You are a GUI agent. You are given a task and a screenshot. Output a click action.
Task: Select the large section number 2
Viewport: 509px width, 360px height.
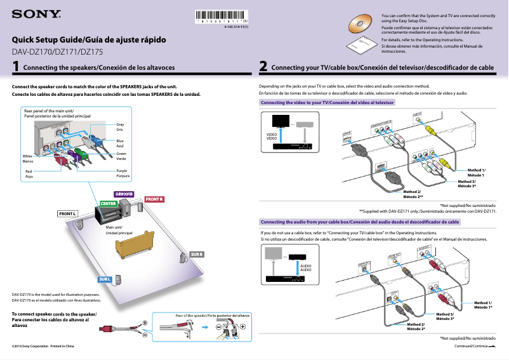[263, 65]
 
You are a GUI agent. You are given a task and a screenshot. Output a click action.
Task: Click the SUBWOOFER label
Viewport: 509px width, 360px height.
[124, 193]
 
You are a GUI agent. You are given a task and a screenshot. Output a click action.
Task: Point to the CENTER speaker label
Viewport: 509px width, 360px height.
[107, 203]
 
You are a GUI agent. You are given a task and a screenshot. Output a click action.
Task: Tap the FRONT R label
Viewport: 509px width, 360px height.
[155, 199]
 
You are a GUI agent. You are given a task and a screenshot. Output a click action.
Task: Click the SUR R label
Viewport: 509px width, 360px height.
[197, 255]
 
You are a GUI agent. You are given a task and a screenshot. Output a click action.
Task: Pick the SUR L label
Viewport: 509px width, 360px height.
[105, 279]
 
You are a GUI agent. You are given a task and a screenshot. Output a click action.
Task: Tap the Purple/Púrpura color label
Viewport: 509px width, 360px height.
[122, 173]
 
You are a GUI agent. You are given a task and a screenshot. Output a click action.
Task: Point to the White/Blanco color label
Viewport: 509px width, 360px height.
[27, 159]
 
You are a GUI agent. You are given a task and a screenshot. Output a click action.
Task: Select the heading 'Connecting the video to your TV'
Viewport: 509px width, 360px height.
[327, 102]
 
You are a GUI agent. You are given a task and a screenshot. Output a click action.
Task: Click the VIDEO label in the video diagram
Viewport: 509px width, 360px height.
[272, 137]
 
